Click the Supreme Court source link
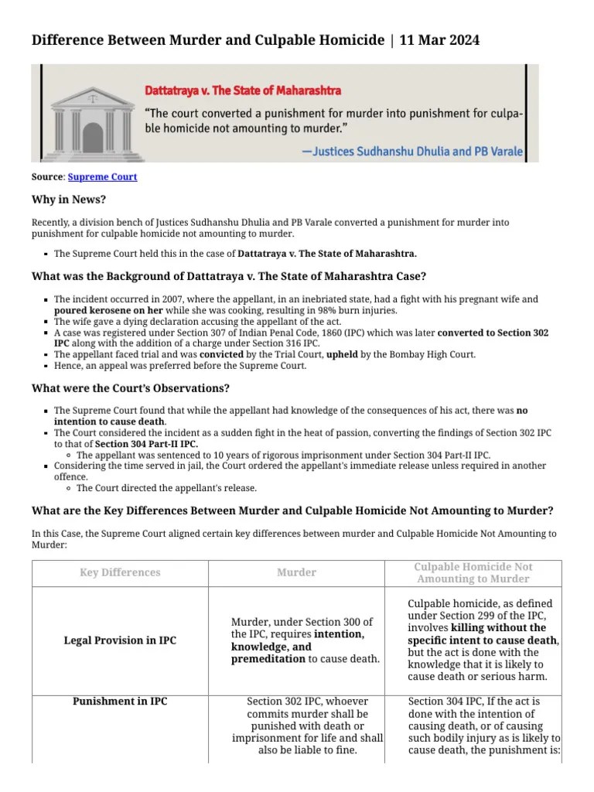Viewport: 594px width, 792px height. coord(102,177)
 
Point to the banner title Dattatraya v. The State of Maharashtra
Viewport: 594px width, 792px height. coord(243,91)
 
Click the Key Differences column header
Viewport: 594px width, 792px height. coord(120,573)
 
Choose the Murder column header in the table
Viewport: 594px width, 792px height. coord(296,573)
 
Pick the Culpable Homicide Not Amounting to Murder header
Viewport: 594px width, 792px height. coord(473,573)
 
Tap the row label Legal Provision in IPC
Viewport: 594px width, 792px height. coord(120,640)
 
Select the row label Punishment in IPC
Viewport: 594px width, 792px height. coord(120,702)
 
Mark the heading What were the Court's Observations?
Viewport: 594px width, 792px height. coord(130,388)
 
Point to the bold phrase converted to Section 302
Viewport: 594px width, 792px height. coord(493,333)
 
